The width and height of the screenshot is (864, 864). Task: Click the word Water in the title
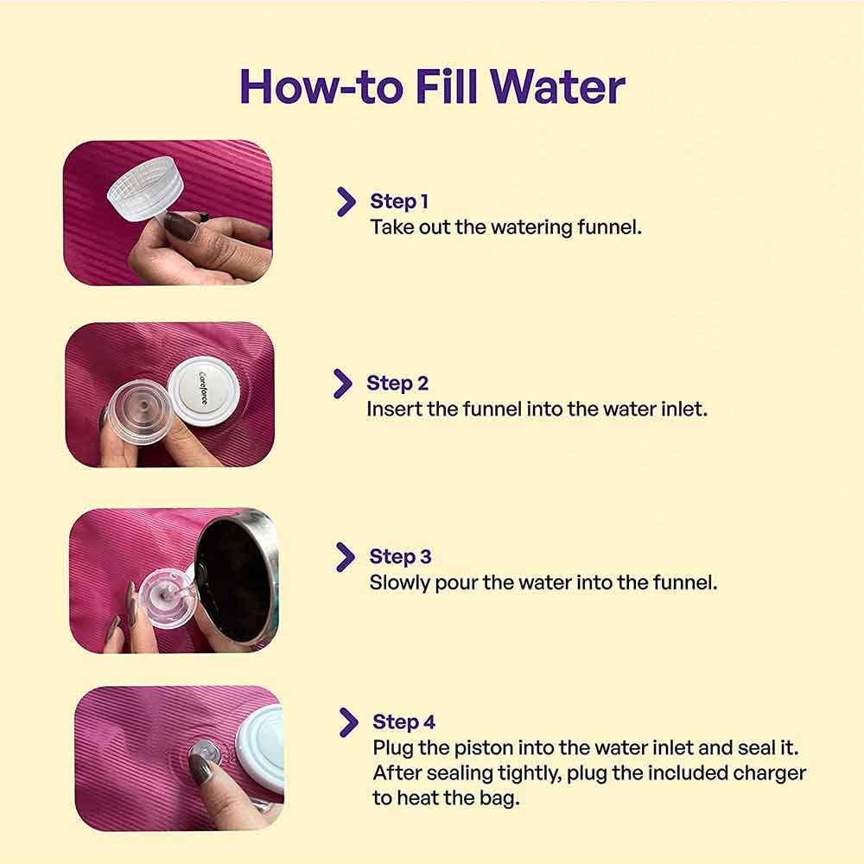(x=557, y=87)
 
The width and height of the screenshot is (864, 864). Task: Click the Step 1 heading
(x=399, y=201)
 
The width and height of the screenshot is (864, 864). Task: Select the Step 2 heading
(x=397, y=383)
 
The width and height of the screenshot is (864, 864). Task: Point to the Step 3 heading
(x=400, y=556)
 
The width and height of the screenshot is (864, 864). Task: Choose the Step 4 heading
(x=403, y=721)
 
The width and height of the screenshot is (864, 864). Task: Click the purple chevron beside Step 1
(x=346, y=201)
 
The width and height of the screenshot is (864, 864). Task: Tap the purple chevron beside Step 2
(x=343, y=384)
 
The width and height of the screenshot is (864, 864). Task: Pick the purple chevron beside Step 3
(x=346, y=557)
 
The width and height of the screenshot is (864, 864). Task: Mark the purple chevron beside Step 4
(x=349, y=722)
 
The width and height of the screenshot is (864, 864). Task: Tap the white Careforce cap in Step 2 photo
(x=203, y=388)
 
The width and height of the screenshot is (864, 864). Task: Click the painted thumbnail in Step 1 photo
(x=181, y=226)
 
